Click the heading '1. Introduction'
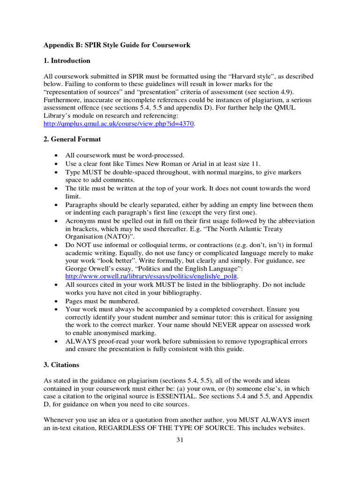point(67,60)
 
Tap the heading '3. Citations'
point(61,365)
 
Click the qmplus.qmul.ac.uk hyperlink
point(119,124)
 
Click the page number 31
point(180,440)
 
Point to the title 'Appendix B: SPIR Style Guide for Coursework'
point(117,45)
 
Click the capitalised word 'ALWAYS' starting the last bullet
point(81,341)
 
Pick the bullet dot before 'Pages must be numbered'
point(57,301)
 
